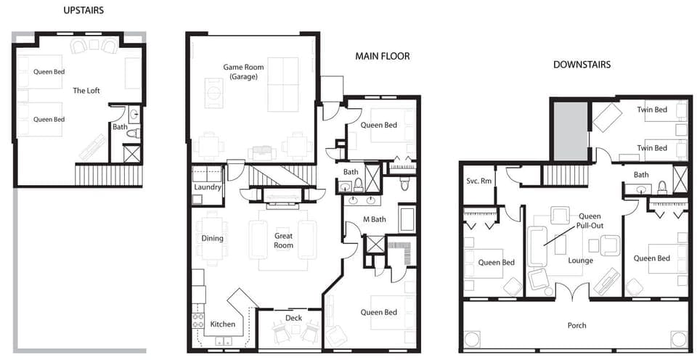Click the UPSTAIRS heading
(x=83, y=11)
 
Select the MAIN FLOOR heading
(x=383, y=57)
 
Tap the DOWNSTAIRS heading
(x=582, y=65)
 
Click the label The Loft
(x=86, y=91)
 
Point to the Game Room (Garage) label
(x=243, y=72)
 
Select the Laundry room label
(x=208, y=187)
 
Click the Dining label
(x=213, y=238)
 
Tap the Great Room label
(x=283, y=240)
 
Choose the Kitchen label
(x=222, y=324)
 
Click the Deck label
(x=293, y=318)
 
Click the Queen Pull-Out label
(x=590, y=221)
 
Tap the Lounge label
(x=581, y=261)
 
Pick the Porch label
(x=576, y=325)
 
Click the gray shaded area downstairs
(x=571, y=131)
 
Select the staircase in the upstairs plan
(x=108, y=175)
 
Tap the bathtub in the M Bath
(x=407, y=218)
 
